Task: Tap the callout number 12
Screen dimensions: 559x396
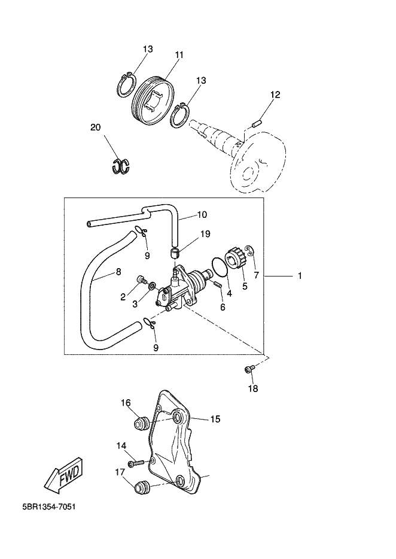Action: (275, 95)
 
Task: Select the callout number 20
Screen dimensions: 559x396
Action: (96, 127)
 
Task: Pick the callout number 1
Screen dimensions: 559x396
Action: (300, 276)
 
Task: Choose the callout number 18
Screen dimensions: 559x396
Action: (252, 389)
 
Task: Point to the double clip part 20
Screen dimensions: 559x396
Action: (121, 166)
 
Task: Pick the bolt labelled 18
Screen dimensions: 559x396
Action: (249, 369)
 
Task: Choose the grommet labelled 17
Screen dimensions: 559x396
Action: (142, 487)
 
